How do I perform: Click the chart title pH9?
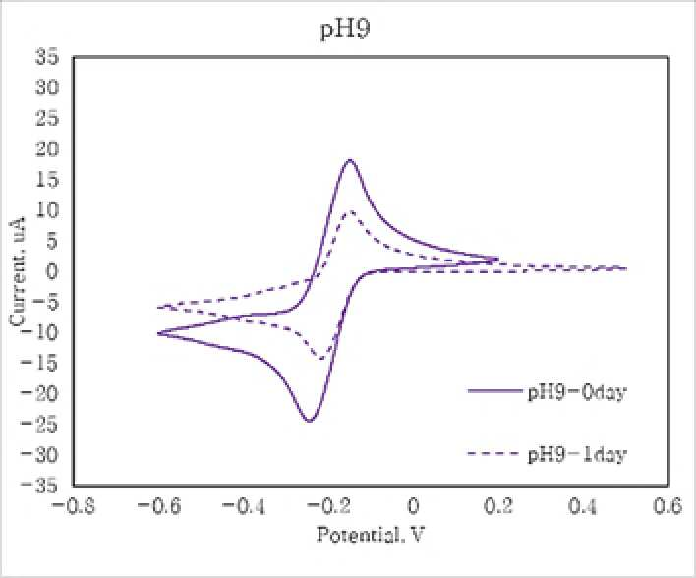point(345,30)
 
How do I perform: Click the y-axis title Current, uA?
point(18,271)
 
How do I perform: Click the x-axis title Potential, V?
point(371,534)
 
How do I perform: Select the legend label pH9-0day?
point(577,392)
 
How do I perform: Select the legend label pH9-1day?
point(577,454)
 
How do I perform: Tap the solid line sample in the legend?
point(494,391)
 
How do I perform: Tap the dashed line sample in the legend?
point(493,453)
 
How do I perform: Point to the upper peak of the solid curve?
point(350,160)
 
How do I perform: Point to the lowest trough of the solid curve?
point(310,421)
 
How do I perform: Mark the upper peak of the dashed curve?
point(351,211)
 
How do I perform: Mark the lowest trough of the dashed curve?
point(320,358)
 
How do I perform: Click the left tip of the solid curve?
point(158,333)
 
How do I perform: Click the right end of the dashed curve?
point(626,268)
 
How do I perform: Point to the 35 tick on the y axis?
point(47,57)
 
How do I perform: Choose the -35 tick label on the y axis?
point(39,486)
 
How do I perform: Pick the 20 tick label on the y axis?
point(47,148)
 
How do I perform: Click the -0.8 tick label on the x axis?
point(74,505)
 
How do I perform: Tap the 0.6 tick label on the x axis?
point(667,505)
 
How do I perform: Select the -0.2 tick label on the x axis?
point(329,505)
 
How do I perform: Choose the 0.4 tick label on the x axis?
point(582,505)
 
